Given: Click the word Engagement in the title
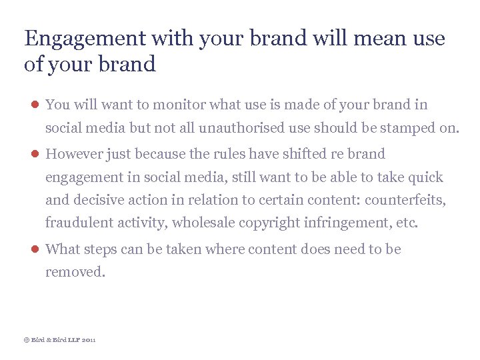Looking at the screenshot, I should pyautogui.click(x=85, y=39).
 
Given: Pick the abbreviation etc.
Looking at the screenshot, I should pyautogui.click(x=407, y=223).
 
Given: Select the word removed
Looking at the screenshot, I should pyautogui.click(x=75, y=272).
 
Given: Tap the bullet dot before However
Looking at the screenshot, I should pyautogui.click(x=33, y=154).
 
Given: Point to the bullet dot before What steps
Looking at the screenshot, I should pyautogui.click(x=33, y=249).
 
